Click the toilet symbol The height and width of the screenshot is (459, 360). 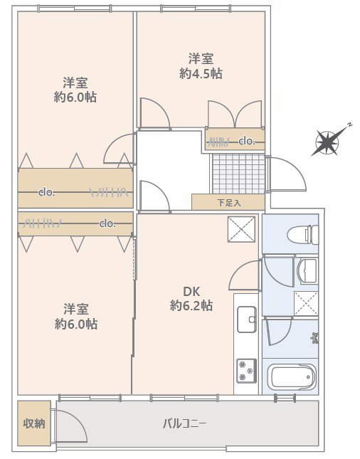pyautogui.click(x=303, y=234)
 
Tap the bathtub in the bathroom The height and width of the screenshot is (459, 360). pyautogui.click(x=294, y=377)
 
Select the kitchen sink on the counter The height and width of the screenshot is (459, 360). pyautogui.click(x=247, y=320)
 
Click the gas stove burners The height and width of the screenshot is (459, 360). pyautogui.click(x=246, y=371)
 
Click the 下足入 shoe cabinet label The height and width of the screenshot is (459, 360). pyautogui.click(x=229, y=203)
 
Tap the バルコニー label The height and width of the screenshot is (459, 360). pyautogui.click(x=185, y=423)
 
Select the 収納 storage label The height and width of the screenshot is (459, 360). pyautogui.click(x=34, y=423)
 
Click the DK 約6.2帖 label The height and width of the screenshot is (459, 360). pyautogui.click(x=191, y=299)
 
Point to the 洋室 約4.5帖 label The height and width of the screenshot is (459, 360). pyautogui.click(x=201, y=66)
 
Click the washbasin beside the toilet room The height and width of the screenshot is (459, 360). pyautogui.click(x=307, y=271)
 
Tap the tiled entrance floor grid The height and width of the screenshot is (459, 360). pyautogui.click(x=239, y=174)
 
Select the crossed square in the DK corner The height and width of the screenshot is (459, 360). pyautogui.click(x=241, y=229)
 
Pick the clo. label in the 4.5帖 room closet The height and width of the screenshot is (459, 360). pyautogui.click(x=247, y=142)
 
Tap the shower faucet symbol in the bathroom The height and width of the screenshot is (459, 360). pyautogui.click(x=315, y=338)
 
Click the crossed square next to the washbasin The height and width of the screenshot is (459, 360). pyautogui.click(x=306, y=303)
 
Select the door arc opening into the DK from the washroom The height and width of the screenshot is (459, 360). pyautogui.click(x=245, y=275)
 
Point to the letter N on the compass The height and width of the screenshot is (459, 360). pyautogui.click(x=349, y=125)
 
